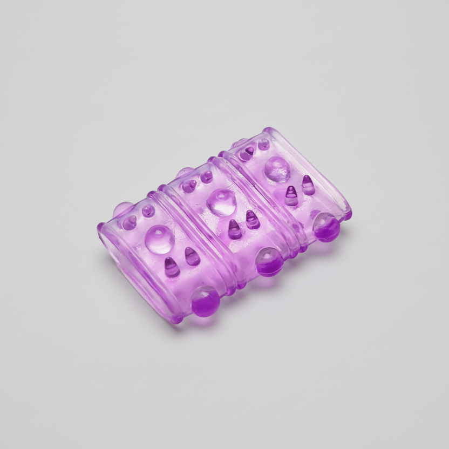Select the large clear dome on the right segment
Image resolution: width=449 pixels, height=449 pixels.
pos(277,168)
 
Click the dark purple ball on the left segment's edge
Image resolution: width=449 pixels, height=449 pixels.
pos(205,301)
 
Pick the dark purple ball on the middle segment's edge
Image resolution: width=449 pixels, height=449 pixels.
pos(269,262)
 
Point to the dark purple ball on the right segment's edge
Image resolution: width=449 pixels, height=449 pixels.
pos(326,227)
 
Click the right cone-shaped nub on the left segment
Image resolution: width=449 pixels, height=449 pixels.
pos(192,256)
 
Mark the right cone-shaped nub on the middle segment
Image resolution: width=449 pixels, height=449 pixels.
pos(252,219)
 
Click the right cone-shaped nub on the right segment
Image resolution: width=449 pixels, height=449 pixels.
pos(308,185)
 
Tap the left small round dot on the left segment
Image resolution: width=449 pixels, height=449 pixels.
pos(130,222)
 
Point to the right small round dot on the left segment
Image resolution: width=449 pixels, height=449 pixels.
pos(148,210)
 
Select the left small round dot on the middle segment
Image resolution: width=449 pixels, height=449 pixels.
pos(189,186)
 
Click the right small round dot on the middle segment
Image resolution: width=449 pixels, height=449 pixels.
pos(206,176)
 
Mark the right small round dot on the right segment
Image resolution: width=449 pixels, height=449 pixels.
pos(263,144)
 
